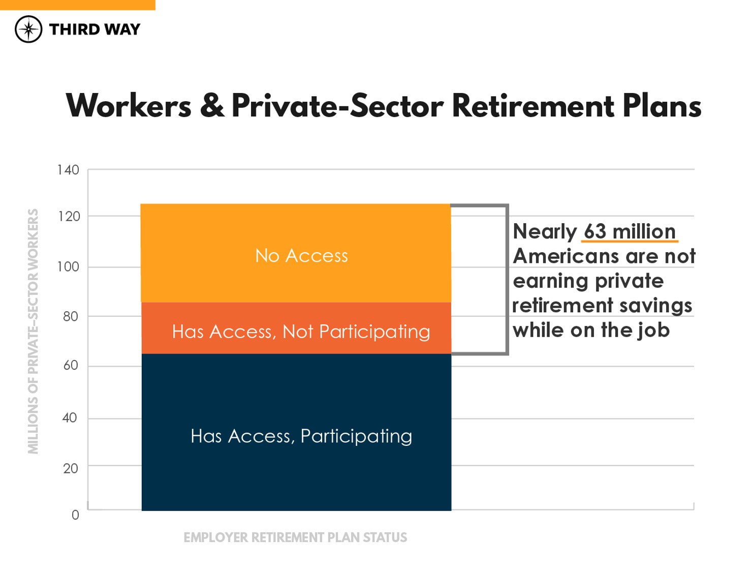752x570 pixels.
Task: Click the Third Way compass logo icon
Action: (28, 29)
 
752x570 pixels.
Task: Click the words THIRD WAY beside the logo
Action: (95, 29)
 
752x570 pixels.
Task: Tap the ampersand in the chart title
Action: (212, 106)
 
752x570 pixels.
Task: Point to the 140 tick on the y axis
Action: (68, 170)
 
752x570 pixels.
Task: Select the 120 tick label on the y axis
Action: (69, 217)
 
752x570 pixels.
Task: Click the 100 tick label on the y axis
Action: (68, 266)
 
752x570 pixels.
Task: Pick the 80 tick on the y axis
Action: (70, 316)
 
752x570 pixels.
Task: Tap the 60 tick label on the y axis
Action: (70, 365)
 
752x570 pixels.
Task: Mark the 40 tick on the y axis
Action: (70, 418)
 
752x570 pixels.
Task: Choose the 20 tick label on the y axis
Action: (70, 468)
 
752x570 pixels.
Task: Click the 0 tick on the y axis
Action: (75, 515)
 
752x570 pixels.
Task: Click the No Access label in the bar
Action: (301, 256)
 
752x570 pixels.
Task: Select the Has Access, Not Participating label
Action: (301, 332)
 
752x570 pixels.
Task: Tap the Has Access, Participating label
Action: (301, 436)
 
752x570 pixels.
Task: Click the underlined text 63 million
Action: (630, 232)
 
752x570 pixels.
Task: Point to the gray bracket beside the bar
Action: (507, 280)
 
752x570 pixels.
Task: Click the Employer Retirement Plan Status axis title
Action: (295, 537)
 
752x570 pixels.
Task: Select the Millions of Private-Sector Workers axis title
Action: (33, 331)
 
